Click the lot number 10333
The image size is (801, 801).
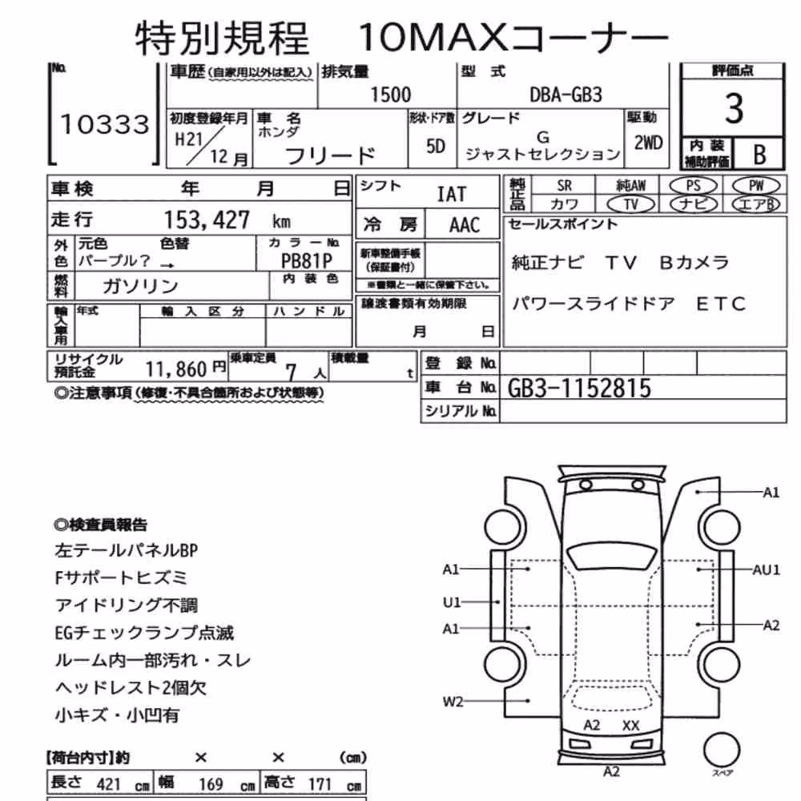(105, 124)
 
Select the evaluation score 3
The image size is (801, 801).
(734, 108)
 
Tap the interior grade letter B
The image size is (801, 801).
(759, 154)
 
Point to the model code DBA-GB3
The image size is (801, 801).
(566, 95)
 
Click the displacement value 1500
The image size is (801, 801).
(390, 95)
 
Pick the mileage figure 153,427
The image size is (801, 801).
(207, 220)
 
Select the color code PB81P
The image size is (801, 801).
(307, 261)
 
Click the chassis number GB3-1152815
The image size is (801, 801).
(579, 388)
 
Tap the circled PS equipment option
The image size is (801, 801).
(693, 186)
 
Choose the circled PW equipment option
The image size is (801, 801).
(755, 186)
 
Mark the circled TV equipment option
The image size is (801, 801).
(631, 204)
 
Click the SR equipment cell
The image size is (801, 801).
(564, 186)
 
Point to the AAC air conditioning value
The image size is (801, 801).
(465, 225)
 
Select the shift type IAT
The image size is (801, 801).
(452, 194)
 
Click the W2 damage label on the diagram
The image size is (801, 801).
(453, 702)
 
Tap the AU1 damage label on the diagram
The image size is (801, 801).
(767, 570)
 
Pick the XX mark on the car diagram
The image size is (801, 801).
(631, 726)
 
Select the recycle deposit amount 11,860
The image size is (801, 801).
(175, 368)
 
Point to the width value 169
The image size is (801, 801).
(211, 784)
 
